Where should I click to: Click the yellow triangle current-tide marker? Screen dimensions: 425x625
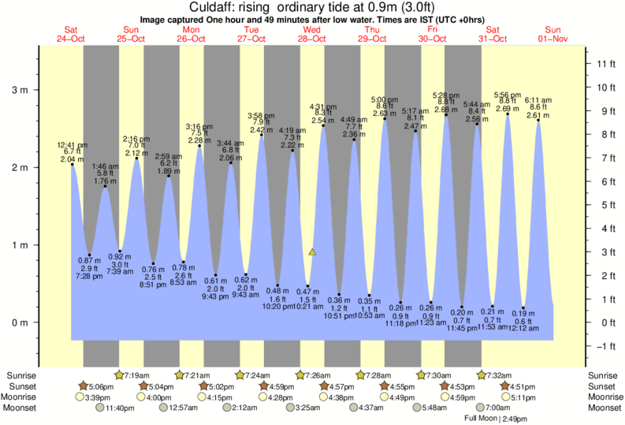(313, 252)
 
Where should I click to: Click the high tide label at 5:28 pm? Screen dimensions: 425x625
(446, 95)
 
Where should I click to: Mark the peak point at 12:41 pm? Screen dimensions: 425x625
(72, 164)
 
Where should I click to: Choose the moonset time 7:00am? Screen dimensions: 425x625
(497, 408)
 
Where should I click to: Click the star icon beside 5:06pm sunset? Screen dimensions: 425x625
(84, 386)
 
